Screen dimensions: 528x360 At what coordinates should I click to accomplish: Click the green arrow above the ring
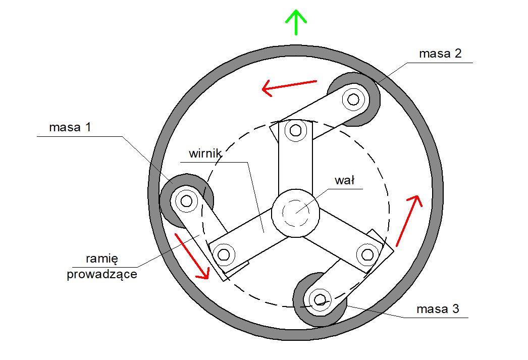(x=296, y=22)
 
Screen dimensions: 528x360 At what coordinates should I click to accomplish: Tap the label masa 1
(x=70, y=127)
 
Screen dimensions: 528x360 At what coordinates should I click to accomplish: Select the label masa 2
(x=440, y=54)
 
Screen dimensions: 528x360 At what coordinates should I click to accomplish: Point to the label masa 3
(x=438, y=309)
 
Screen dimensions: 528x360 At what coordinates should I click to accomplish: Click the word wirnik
(x=205, y=153)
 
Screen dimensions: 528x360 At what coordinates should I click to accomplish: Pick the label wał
(x=344, y=181)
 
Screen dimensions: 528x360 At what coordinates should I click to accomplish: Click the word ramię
(x=102, y=259)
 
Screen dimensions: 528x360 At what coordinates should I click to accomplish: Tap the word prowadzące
(x=102, y=274)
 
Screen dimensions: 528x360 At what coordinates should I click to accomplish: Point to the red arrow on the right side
(x=409, y=221)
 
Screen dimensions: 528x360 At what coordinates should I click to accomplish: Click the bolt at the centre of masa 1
(x=186, y=201)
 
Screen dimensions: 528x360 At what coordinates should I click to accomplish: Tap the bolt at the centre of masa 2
(x=353, y=99)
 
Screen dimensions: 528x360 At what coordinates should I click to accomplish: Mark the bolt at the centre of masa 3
(x=320, y=299)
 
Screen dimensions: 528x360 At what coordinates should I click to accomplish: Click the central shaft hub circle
(x=296, y=213)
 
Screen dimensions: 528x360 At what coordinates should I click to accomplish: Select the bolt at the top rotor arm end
(x=296, y=130)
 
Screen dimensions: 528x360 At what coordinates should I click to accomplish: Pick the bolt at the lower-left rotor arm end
(x=224, y=254)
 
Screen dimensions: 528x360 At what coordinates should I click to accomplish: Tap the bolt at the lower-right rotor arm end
(x=367, y=254)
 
